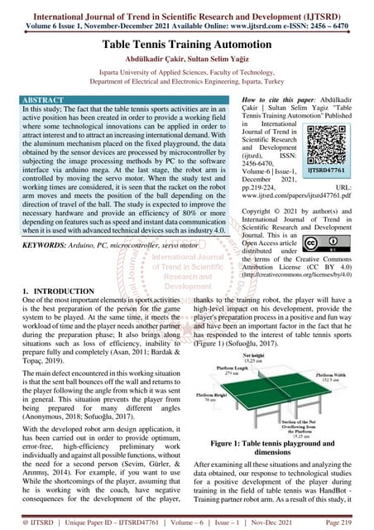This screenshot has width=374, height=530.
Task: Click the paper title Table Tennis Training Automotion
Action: (x=187, y=48)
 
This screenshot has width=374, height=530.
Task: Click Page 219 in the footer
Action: (x=347, y=523)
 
